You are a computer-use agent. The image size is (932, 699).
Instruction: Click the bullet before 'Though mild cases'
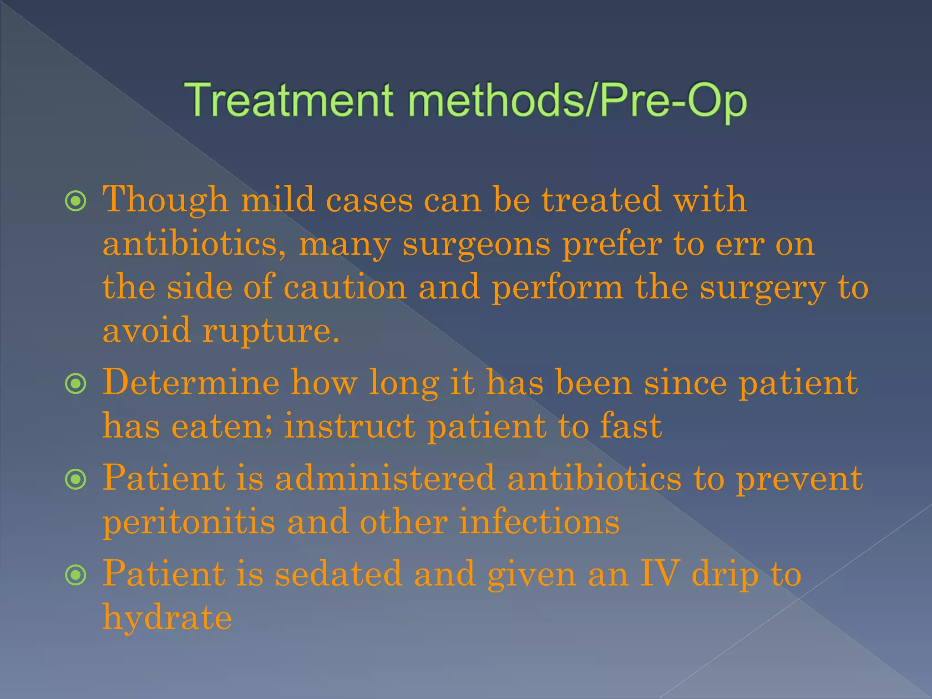click(x=76, y=201)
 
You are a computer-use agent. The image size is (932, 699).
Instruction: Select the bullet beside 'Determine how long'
click(x=76, y=384)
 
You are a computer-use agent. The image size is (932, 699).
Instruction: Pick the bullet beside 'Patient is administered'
click(x=76, y=480)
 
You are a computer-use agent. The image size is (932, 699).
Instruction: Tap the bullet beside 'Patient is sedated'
click(x=76, y=576)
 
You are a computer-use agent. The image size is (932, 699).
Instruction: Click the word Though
click(x=165, y=201)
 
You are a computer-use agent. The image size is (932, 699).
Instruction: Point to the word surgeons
click(x=476, y=244)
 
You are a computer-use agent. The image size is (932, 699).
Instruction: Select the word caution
click(x=345, y=288)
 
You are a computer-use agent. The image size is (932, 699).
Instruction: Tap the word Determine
click(x=191, y=383)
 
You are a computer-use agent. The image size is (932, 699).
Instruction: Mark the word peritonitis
click(x=189, y=522)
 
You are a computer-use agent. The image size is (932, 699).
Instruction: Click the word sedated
click(x=339, y=574)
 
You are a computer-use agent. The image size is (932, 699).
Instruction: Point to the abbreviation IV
click(x=660, y=574)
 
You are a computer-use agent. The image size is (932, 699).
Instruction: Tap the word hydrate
click(x=167, y=618)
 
